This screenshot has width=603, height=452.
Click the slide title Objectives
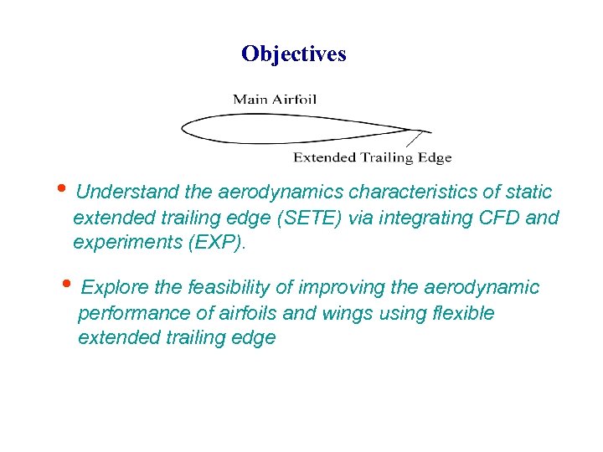(293, 54)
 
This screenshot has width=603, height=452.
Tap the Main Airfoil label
(275, 99)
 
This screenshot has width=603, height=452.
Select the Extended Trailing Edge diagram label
(372, 157)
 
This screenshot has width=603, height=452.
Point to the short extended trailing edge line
(423, 131)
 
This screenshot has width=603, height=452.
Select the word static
(528, 193)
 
